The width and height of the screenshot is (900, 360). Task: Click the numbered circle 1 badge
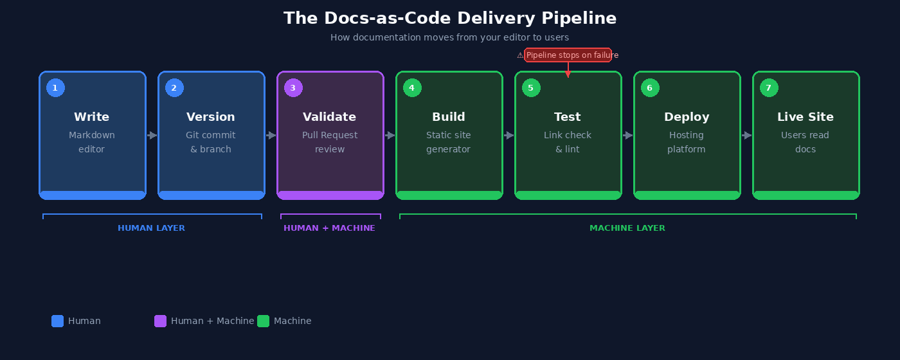[55, 88]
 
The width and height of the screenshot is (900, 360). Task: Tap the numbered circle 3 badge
[293, 88]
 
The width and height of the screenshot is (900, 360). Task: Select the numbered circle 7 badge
[769, 88]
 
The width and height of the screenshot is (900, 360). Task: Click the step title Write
[91, 117]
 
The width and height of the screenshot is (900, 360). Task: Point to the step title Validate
[329, 117]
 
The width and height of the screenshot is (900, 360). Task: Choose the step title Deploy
[687, 117]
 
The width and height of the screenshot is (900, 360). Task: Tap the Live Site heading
[805, 117]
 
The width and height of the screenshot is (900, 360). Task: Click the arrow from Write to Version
[152, 136]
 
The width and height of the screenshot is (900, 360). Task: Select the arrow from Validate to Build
[390, 136]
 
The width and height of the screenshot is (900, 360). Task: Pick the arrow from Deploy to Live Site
[746, 136]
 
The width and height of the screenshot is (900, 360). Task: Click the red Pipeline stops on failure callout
[568, 55]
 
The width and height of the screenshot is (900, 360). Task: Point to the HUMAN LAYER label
[151, 228]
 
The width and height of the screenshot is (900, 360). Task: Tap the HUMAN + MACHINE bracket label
[329, 228]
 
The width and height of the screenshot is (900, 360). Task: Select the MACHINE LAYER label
[627, 228]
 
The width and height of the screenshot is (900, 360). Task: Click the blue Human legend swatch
[58, 321]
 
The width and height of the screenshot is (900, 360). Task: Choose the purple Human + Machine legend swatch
[161, 321]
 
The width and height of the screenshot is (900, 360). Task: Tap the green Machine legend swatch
[264, 321]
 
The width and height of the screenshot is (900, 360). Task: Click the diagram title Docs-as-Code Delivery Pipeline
[450, 18]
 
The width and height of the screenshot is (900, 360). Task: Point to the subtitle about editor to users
[450, 37]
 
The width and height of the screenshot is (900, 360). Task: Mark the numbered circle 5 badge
[531, 88]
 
